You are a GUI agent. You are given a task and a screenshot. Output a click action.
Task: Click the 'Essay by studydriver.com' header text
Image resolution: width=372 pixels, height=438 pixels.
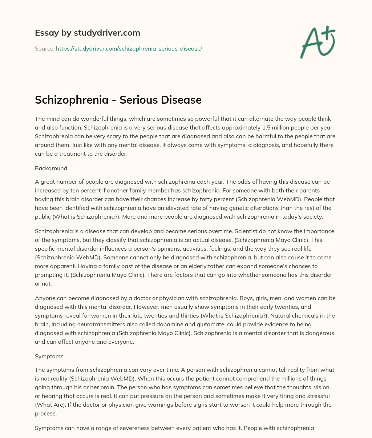[x=87, y=33]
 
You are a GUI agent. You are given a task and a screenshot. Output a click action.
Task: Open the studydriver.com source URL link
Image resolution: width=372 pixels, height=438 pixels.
[x=129, y=48]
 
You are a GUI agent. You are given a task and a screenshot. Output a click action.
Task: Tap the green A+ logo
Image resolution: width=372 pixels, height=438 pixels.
[x=317, y=42]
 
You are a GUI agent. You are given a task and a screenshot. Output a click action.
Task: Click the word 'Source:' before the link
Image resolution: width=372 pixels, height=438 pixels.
[x=44, y=48]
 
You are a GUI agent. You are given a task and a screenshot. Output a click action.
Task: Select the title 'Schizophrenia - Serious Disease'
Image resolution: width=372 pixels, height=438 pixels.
[x=118, y=100]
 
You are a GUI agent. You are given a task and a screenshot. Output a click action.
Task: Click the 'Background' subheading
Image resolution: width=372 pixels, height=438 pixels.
[x=51, y=168]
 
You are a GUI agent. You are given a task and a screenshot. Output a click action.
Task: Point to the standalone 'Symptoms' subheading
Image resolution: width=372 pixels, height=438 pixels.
[x=49, y=357]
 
